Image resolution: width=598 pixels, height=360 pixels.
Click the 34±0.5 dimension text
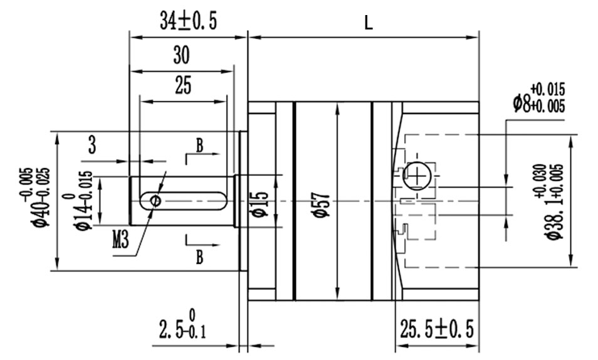[x=188, y=22]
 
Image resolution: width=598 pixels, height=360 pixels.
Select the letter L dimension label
[x=368, y=23]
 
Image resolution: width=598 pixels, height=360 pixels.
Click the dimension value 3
[x=92, y=146]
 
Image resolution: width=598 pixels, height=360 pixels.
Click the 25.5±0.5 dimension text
[x=437, y=328]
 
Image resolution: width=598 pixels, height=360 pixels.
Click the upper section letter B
[x=199, y=146]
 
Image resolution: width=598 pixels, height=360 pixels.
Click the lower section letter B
[x=199, y=257]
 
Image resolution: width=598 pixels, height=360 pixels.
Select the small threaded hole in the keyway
[x=155, y=200]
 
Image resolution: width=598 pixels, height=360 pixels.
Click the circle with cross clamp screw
[x=417, y=176]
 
